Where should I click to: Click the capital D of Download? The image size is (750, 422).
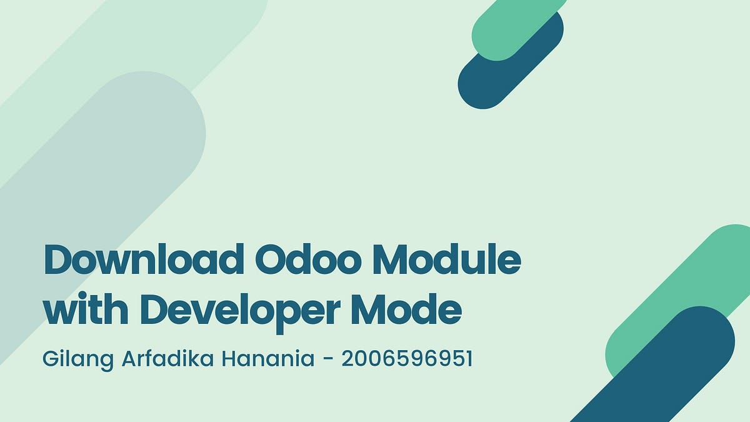coord(57,261)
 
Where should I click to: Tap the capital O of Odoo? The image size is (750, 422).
coord(271,261)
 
